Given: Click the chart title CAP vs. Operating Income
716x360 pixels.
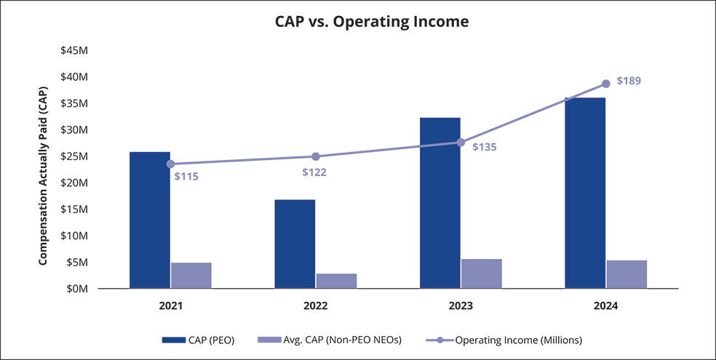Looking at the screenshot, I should click(x=371, y=21).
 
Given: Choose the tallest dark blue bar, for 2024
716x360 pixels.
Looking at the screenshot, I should click(x=585, y=193).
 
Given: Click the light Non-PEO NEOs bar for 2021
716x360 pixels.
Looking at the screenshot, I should click(x=191, y=276).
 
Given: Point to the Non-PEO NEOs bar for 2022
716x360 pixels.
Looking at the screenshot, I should click(x=336, y=281).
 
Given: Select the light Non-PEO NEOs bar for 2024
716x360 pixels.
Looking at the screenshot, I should click(x=626, y=274).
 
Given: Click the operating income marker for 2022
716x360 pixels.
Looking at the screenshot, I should click(x=316, y=156).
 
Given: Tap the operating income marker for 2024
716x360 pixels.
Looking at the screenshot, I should click(x=605, y=84).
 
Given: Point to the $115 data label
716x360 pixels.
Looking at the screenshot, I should click(x=186, y=176).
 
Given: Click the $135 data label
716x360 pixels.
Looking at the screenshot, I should click(x=484, y=147).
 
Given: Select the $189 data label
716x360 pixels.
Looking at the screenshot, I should click(x=629, y=81).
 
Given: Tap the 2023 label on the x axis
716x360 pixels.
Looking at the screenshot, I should click(x=460, y=306).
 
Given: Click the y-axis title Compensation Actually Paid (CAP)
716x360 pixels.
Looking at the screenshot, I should click(x=44, y=169).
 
